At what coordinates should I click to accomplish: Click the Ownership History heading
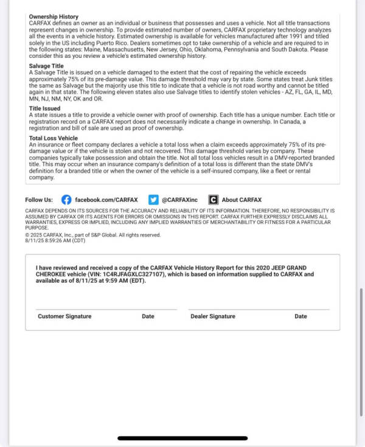[54, 16]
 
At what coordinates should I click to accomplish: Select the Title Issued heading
[45, 108]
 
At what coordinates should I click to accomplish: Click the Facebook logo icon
[66, 199]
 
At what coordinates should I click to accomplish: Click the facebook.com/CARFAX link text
[106, 199]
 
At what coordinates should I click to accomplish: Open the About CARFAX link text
[242, 199]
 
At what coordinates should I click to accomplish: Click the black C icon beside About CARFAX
[213, 199]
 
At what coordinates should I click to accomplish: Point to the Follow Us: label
[39, 199]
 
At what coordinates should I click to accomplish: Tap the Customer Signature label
[64, 316]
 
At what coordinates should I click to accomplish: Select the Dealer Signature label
[212, 316]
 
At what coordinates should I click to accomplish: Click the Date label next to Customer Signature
[148, 316]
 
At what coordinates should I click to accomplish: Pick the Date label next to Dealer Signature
[301, 316]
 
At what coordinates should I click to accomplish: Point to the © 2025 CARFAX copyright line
[92, 235]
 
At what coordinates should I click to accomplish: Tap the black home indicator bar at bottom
[182, 438]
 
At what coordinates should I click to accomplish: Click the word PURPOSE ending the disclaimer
[36, 229]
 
